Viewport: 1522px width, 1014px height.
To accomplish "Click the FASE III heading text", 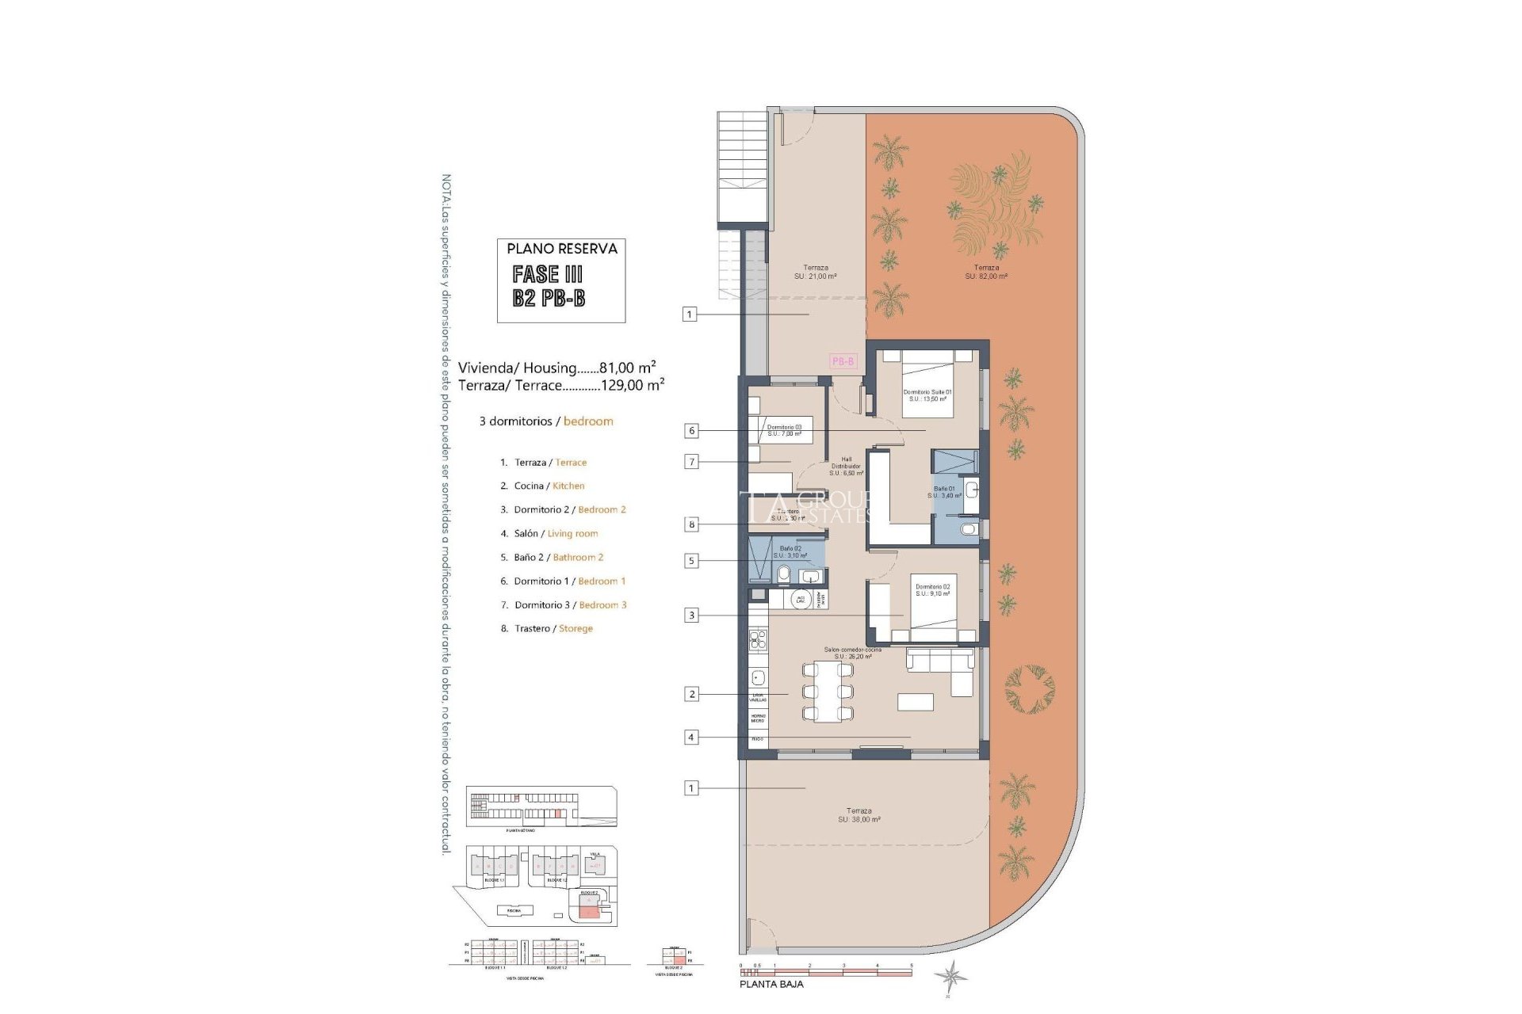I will (547, 274).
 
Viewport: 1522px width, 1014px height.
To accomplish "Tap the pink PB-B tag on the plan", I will (843, 361).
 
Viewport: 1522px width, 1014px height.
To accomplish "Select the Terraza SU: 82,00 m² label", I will (986, 272).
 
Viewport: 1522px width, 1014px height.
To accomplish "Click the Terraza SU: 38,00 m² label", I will (859, 815).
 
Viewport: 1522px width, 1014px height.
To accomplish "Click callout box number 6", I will (692, 431).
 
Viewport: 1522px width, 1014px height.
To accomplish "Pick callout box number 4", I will (691, 738).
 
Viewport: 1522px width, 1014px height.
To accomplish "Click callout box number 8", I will (692, 524).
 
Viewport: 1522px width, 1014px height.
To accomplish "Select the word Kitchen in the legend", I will (568, 486).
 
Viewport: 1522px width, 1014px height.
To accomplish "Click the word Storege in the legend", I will (576, 628).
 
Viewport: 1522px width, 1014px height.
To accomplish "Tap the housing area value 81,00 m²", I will (627, 368).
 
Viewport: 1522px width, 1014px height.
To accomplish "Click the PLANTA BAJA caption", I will (771, 984).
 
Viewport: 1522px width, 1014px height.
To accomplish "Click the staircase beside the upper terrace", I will (743, 170).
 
